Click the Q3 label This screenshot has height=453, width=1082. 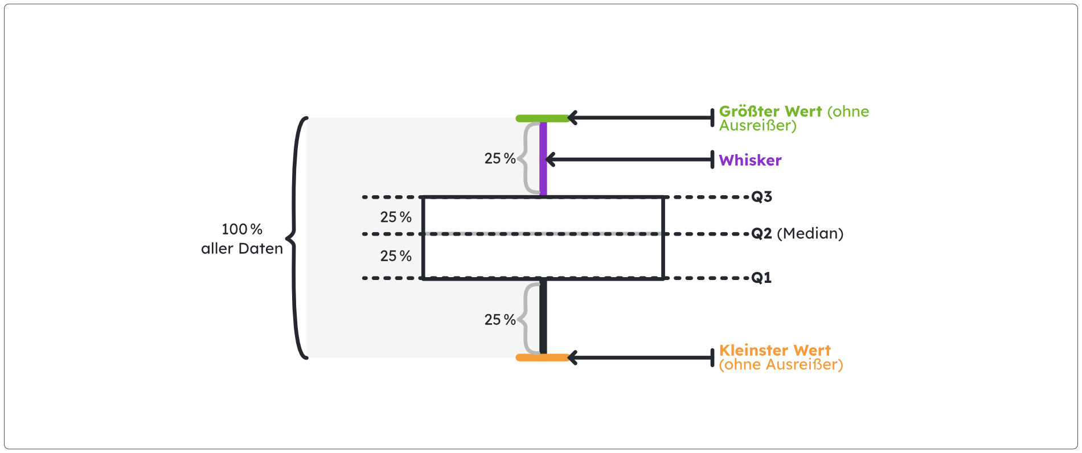(x=761, y=197)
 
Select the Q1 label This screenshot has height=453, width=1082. (x=761, y=278)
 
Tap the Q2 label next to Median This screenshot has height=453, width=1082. (x=761, y=233)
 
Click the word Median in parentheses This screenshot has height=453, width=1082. (x=810, y=233)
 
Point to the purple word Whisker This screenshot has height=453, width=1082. (x=750, y=160)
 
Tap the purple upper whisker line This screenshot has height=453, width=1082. (x=543, y=159)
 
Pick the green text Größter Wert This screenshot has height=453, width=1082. (x=770, y=112)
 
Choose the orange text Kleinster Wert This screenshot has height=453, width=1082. (x=774, y=351)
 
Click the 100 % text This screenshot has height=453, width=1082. (x=242, y=229)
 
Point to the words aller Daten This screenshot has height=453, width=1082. (x=242, y=249)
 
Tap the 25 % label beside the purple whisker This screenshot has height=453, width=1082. (x=500, y=159)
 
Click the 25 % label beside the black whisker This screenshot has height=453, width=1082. (x=500, y=320)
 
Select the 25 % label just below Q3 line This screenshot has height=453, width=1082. (x=396, y=217)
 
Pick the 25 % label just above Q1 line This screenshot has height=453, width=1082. (x=396, y=256)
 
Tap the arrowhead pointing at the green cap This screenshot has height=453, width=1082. (x=572, y=118)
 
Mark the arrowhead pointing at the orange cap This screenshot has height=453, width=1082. (x=572, y=357)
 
